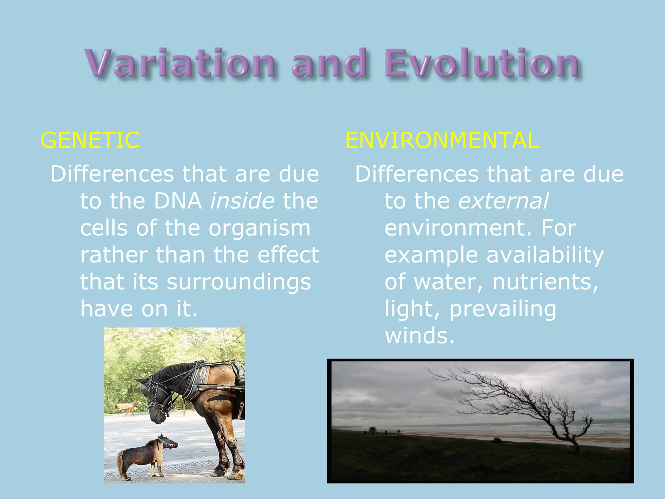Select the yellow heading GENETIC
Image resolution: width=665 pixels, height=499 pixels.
click(90, 140)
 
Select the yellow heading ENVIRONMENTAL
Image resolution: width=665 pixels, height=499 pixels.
click(442, 140)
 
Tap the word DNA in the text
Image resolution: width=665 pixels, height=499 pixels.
click(178, 201)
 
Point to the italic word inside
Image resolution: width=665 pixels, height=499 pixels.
click(242, 201)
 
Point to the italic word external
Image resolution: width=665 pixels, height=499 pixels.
click(503, 201)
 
